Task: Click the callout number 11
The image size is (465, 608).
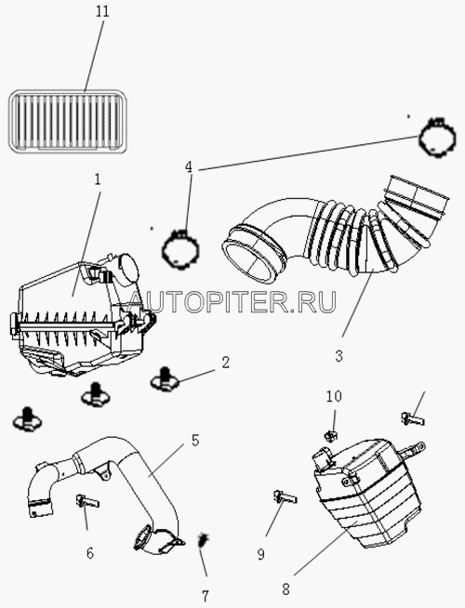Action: pos(103,11)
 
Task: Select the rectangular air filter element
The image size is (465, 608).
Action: pos(67,121)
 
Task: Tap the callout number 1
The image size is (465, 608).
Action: pos(98,179)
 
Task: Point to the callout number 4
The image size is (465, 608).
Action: pos(189,167)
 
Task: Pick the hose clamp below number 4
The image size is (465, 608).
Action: pos(180,248)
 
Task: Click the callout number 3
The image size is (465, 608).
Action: pos(339,356)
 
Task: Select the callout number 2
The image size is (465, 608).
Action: pos(225,363)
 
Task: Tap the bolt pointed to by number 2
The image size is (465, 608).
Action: pos(165,378)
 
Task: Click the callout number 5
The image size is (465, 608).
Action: pos(195,441)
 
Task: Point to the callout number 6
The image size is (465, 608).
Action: pos(90,553)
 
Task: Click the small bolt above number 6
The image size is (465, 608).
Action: pos(87,500)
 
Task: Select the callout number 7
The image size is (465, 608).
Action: pos(206,595)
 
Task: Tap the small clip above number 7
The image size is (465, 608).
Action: pos(203,540)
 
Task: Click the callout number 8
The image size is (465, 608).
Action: pos(286,589)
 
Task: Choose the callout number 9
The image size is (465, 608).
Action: pos(261,555)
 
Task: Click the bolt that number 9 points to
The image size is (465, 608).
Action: pos(286,496)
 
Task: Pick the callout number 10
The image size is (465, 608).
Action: pos(334,396)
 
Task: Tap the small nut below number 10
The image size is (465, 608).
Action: pos(331,436)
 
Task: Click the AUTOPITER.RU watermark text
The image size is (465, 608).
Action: pos(232,302)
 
